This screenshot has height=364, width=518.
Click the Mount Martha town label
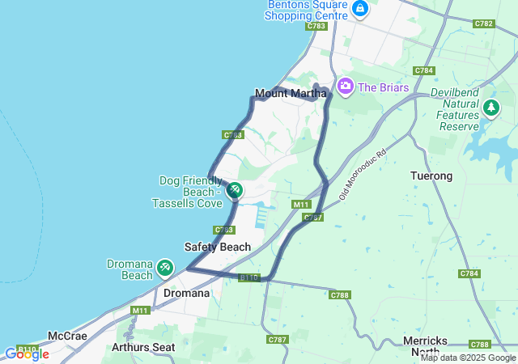pyautogui.click(x=291, y=94)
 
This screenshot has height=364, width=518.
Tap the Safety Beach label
pyautogui.click(x=217, y=247)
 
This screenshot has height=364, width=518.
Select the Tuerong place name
pyautogui.click(x=431, y=176)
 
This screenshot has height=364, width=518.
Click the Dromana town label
pyautogui.click(x=186, y=293)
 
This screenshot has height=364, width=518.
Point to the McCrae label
pyautogui.click(x=67, y=336)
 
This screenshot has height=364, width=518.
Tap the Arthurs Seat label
pyautogui.click(x=143, y=347)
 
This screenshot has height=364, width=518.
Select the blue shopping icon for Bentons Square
pyautogui.click(x=360, y=9)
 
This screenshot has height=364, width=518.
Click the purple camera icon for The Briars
pyautogui.click(x=346, y=85)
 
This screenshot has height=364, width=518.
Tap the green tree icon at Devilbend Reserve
pyautogui.click(x=490, y=107)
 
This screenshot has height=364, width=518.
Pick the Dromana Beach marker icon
pyautogui.click(x=165, y=266)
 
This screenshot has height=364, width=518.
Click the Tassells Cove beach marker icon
pyautogui.click(x=234, y=190)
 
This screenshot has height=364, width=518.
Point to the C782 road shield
pyautogui.click(x=484, y=23)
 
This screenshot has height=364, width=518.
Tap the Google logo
pyautogui.click(x=26, y=353)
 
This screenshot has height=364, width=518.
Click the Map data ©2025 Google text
pyautogui.click(x=468, y=358)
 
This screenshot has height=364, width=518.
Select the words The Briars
pyautogui.click(x=384, y=87)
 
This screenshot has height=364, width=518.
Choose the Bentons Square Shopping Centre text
pyautogui.click(x=308, y=9)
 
